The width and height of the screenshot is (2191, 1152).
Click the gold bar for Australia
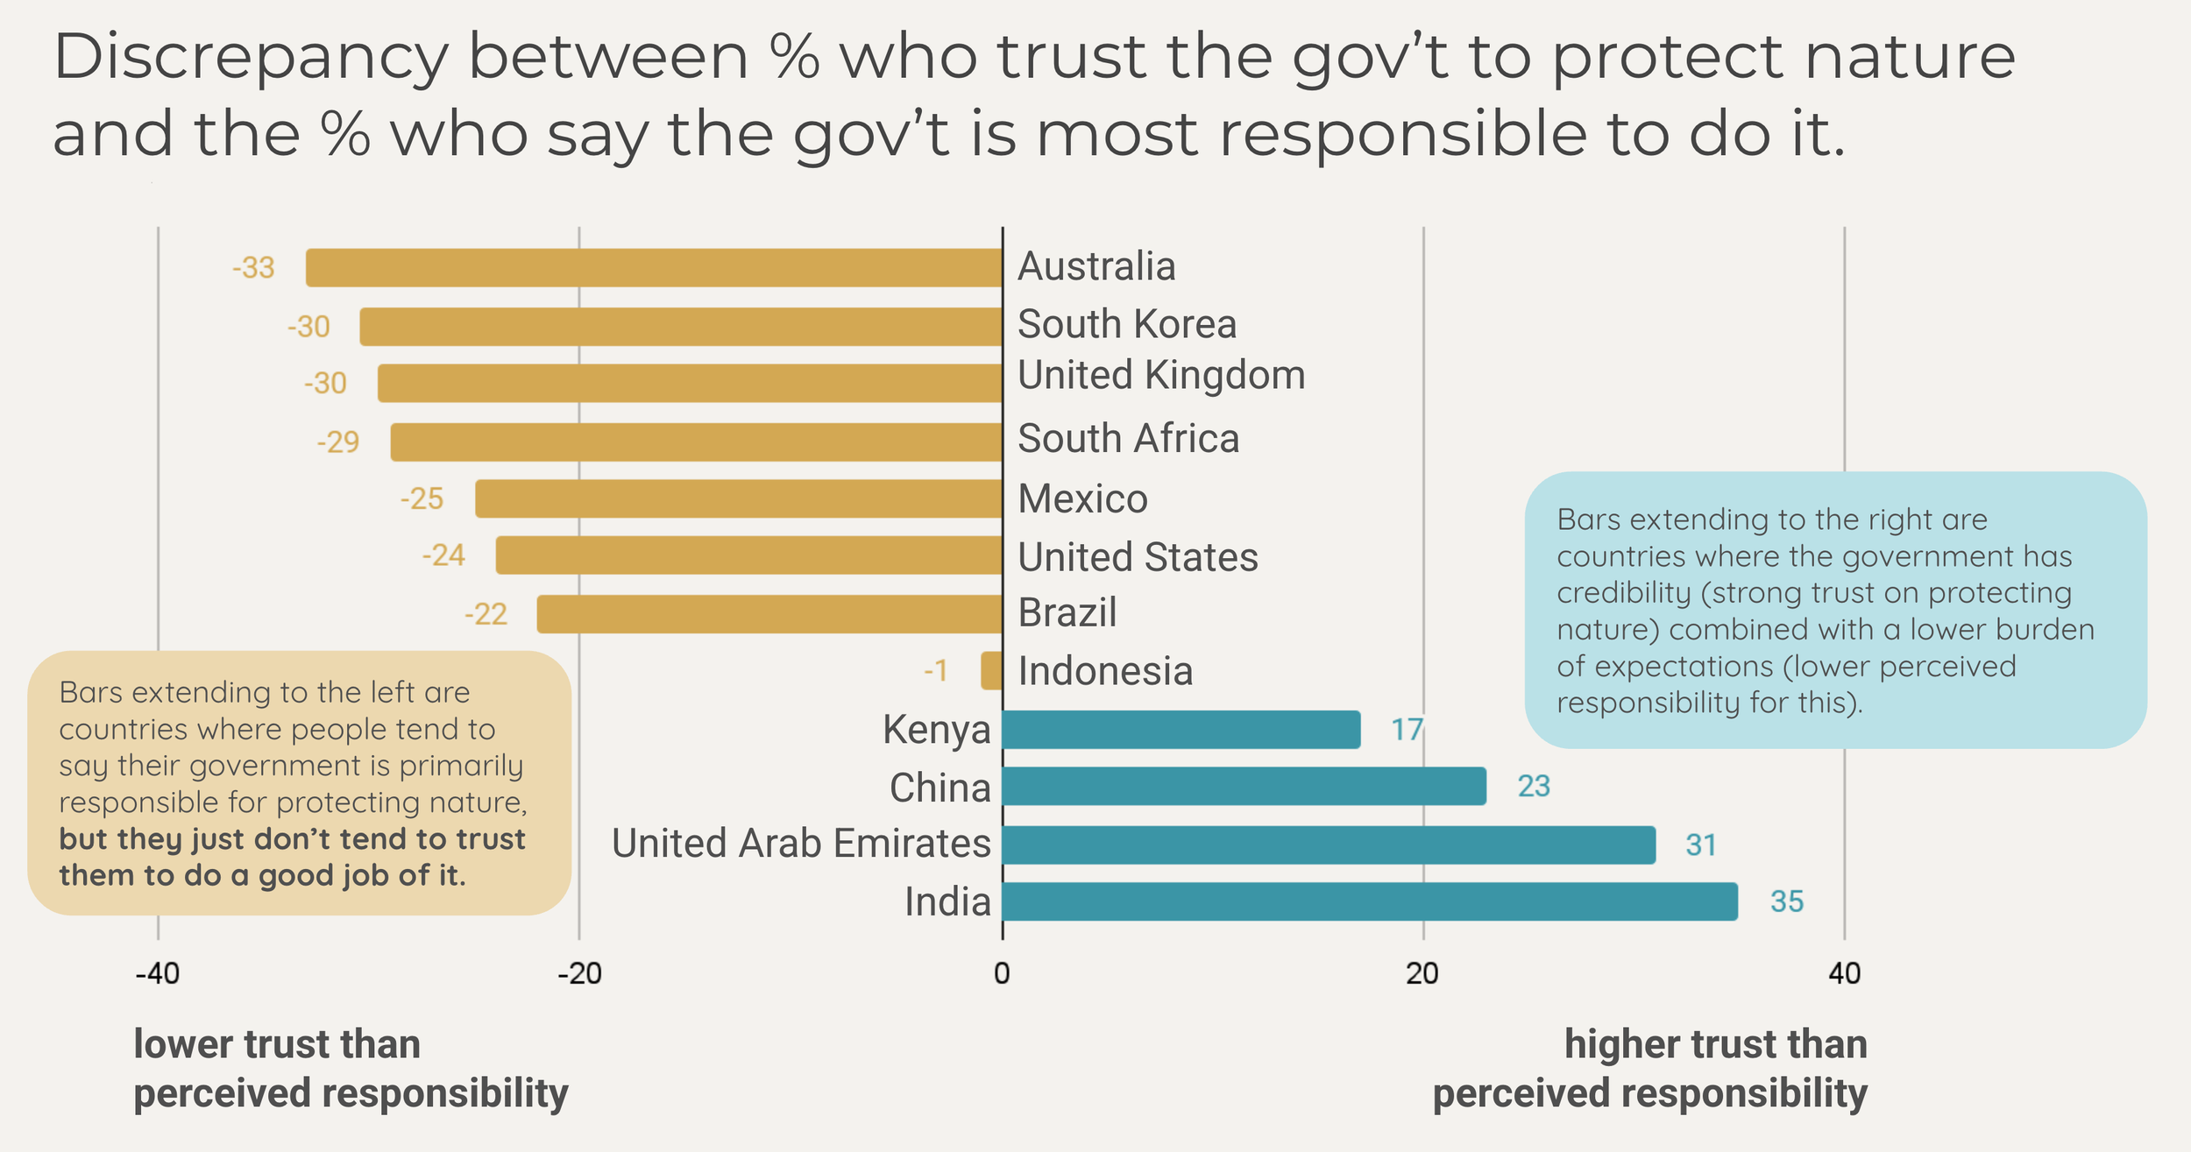point(654,267)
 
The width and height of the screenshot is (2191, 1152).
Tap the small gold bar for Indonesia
point(991,670)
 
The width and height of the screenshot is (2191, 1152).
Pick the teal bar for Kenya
point(1181,730)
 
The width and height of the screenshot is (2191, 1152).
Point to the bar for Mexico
point(739,498)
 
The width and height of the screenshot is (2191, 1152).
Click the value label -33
point(253,267)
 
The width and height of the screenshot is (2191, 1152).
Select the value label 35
point(1786,901)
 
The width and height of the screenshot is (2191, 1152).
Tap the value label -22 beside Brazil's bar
point(486,614)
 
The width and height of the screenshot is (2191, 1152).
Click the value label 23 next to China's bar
point(1534,786)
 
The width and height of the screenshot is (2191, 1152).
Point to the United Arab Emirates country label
point(801,844)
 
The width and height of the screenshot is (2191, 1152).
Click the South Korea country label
point(1127,324)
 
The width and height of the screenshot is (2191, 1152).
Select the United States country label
point(1138,557)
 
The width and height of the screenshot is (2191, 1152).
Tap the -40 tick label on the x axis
point(158,973)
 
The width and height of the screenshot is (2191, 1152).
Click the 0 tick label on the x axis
point(1002,973)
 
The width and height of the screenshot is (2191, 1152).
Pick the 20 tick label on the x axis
point(1422,973)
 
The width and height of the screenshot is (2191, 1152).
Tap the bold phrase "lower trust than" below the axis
point(277,1044)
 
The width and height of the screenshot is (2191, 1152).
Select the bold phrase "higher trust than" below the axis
point(1715,1044)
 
